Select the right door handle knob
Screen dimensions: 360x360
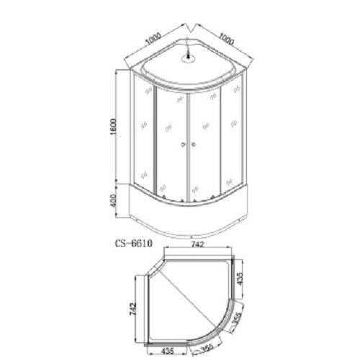tap(194, 143)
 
